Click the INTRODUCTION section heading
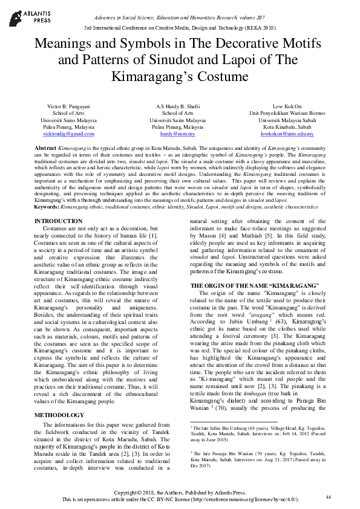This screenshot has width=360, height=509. click(62, 221)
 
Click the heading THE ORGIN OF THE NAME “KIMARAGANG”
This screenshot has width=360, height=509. click(254, 284)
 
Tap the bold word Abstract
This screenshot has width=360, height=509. click(46, 148)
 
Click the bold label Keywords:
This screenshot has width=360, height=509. click(48, 206)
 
